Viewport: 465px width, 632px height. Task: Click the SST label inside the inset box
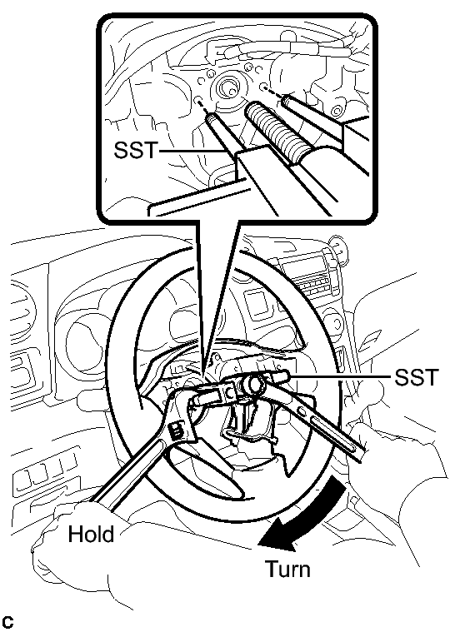(x=135, y=150)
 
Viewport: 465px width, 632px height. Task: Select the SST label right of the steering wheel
(x=416, y=378)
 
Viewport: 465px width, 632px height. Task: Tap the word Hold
(x=91, y=534)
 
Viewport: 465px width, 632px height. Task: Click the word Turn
(x=288, y=569)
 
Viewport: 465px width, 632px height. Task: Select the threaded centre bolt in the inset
(x=275, y=132)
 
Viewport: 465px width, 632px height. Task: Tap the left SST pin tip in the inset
(x=211, y=117)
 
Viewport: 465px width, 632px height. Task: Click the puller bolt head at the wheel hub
(x=254, y=384)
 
